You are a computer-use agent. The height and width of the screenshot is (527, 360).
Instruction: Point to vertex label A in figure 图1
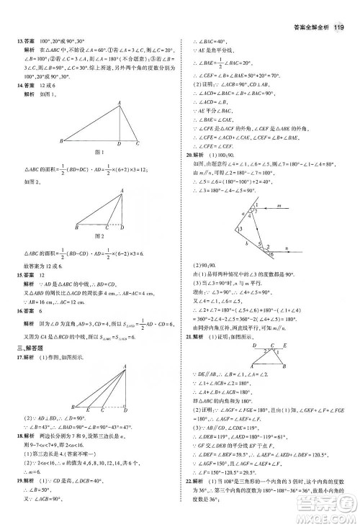click(x=120, y=103)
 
